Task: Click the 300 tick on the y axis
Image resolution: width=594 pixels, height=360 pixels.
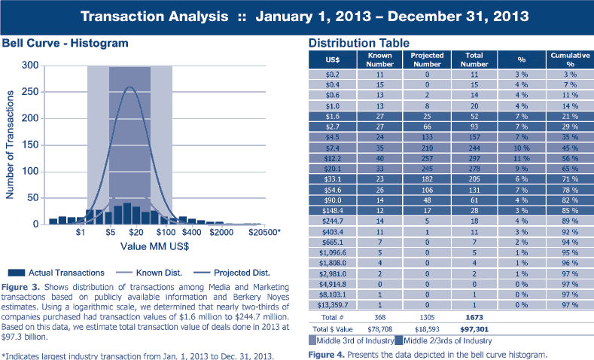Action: [x=29, y=66]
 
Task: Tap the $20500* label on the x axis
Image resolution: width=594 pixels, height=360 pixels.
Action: [x=264, y=234]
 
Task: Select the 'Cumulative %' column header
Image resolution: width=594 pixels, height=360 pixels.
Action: [x=564, y=59]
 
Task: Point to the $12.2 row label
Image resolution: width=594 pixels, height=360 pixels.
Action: [x=333, y=160]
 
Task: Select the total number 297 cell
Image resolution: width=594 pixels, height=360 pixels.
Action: [x=474, y=160]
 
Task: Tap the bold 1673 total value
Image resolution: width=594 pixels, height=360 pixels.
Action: [x=474, y=317]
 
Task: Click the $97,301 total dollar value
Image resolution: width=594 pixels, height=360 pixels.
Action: [x=474, y=328]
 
